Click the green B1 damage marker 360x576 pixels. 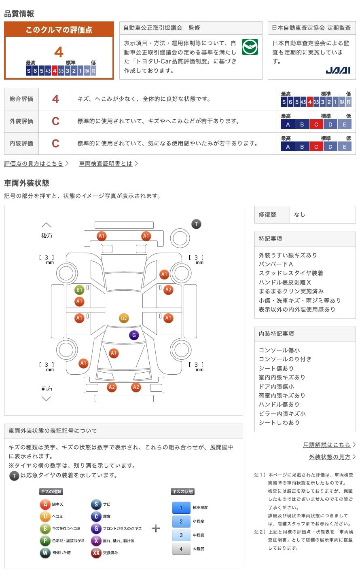coord(79,290)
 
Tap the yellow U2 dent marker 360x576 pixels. coord(124,318)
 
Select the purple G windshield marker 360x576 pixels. coord(134,335)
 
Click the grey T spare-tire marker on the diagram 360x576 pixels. coord(196,224)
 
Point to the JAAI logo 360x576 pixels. coord(338,70)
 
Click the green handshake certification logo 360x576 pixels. coord(250,47)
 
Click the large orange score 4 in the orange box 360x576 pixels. coord(59,52)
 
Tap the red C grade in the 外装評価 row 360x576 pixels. coord(55,121)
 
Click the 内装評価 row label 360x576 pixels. coord(21,143)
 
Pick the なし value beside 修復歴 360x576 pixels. coord(300,215)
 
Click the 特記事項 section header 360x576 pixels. coord(271,238)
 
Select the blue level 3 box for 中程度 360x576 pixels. coord(181,535)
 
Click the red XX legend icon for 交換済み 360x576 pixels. coord(96,553)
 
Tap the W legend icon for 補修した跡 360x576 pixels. coord(45,553)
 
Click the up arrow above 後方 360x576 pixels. coord(47,225)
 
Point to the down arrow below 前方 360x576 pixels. coord(47,399)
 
